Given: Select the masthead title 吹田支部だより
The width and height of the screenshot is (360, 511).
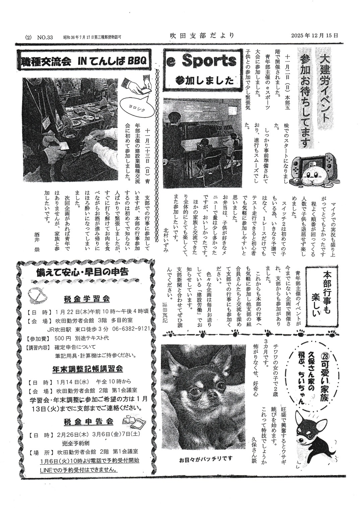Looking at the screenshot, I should click(201, 36).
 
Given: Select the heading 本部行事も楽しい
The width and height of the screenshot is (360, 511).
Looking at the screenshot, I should click(321, 293).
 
